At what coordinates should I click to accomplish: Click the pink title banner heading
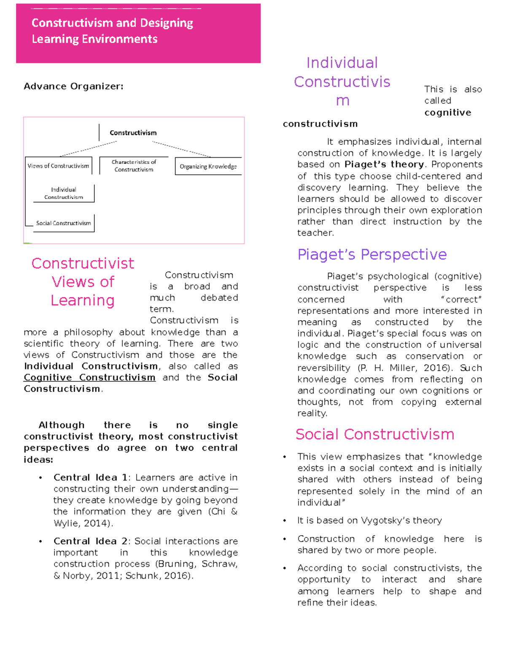112,31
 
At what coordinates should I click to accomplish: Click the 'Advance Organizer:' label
73,86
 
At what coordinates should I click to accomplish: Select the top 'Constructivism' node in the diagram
133,133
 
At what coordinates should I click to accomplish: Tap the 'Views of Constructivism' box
58,166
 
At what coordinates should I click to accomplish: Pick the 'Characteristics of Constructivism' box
134,166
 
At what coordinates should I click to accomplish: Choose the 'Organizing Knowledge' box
208,167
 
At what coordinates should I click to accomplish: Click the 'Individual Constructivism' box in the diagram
64,193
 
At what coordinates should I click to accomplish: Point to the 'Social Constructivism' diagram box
63,223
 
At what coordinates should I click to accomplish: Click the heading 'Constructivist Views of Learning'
83,282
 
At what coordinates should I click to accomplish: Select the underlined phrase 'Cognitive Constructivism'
89,377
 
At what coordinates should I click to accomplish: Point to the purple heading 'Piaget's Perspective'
371,255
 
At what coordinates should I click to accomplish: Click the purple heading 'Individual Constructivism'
342,81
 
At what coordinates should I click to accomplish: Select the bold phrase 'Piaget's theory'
384,164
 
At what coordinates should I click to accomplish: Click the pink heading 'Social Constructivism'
374,434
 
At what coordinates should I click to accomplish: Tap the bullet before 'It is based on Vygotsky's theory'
285,521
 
